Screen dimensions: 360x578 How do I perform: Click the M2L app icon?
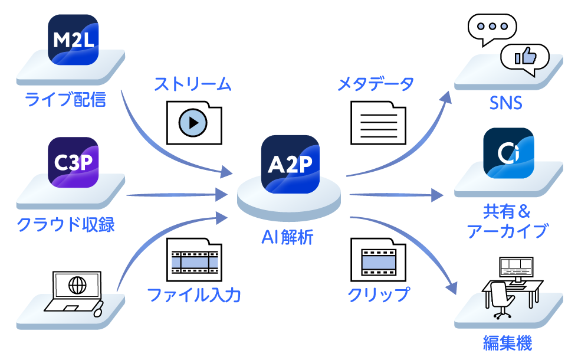pyautogui.click(x=73, y=40)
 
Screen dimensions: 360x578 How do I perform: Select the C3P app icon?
pyautogui.click(x=73, y=162)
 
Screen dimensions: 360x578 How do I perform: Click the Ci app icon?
pyautogui.click(x=508, y=152)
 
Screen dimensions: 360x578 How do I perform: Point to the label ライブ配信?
pyautogui.click(x=66, y=99)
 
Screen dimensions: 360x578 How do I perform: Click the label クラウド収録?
pyautogui.click(x=66, y=225)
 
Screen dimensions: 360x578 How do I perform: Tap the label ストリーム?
pyautogui.click(x=193, y=84)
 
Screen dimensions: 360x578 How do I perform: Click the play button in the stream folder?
pyautogui.click(x=193, y=123)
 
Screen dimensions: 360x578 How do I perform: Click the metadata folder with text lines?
pyautogui.click(x=378, y=123)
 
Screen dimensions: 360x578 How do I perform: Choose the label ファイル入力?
pyautogui.click(x=194, y=294)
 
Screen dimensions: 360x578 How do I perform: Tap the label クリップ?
pyautogui.click(x=378, y=294)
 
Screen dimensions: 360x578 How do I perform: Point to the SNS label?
pyautogui.click(x=506, y=103)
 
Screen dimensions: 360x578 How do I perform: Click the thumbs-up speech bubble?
pyautogui.click(x=524, y=57)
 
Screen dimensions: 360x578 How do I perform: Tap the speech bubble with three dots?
pyautogui.click(x=491, y=27)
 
